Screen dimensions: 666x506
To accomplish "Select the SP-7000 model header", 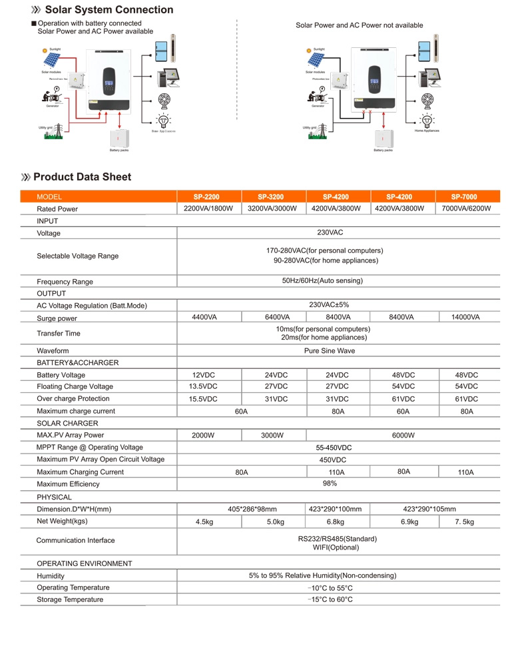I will click(x=464, y=197).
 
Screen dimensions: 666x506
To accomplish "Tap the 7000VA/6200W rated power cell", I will click(x=466, y=208).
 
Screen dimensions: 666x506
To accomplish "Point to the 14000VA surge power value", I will click(x=465, y=318).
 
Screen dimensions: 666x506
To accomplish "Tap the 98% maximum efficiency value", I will click(x=330, y=484).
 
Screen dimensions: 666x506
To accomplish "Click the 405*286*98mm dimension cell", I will click(x=252, y=509).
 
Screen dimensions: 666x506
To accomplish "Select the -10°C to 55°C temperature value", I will click(x=330, y=588).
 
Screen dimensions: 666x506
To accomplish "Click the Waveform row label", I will click(x=53, y=350).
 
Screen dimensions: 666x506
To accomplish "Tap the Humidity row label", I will click(x=51, y=576).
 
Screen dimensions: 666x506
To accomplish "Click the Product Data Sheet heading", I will click(x=82, y=177).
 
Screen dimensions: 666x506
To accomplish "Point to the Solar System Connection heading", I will click(x=109, y=10).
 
